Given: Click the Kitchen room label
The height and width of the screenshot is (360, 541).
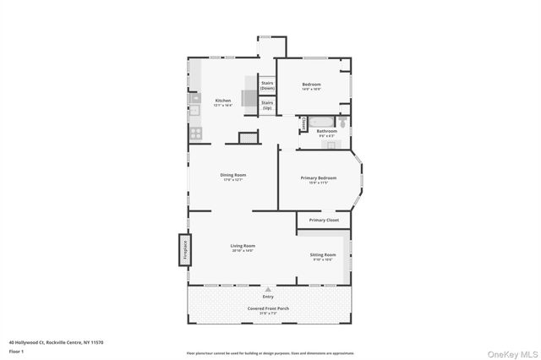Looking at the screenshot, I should coord(223,100).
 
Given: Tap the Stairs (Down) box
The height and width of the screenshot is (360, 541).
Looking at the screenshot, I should coord(267,85).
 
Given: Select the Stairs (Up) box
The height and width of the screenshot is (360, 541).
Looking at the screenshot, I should coord(267,106).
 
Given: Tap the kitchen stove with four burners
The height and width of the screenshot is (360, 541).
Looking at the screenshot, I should coord(194,133).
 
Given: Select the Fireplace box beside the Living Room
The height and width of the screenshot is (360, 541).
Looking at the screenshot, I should coord(181,251).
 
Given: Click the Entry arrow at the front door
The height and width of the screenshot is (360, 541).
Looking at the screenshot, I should coord(268,289).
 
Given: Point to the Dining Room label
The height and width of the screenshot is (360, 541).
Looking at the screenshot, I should coord(233,175).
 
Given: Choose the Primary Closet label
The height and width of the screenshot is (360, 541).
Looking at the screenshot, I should coord(322,220).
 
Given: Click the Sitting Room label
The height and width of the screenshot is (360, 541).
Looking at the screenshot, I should coord(322,254).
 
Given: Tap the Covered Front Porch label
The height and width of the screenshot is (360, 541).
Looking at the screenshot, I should coord(268,309).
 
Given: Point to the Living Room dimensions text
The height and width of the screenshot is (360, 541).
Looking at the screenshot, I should coord(243,250).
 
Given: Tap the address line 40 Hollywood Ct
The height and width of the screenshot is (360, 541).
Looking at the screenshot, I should coord(56,342).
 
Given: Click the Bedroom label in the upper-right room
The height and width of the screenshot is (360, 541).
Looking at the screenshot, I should coord(312,84).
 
